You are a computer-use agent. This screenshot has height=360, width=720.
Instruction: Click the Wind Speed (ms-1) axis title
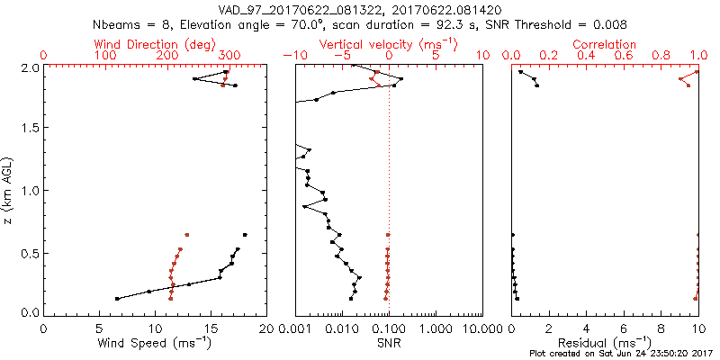pos(155,343)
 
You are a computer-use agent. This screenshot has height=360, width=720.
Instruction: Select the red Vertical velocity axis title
pos(388,44)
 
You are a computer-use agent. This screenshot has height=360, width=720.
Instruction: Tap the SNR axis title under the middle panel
pos(389,343)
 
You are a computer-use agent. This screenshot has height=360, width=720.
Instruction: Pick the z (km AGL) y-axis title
pos(8,190)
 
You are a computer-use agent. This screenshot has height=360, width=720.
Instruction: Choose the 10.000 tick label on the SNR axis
pos(476,329)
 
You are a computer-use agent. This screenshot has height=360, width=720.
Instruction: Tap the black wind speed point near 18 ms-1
pos(244,234)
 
